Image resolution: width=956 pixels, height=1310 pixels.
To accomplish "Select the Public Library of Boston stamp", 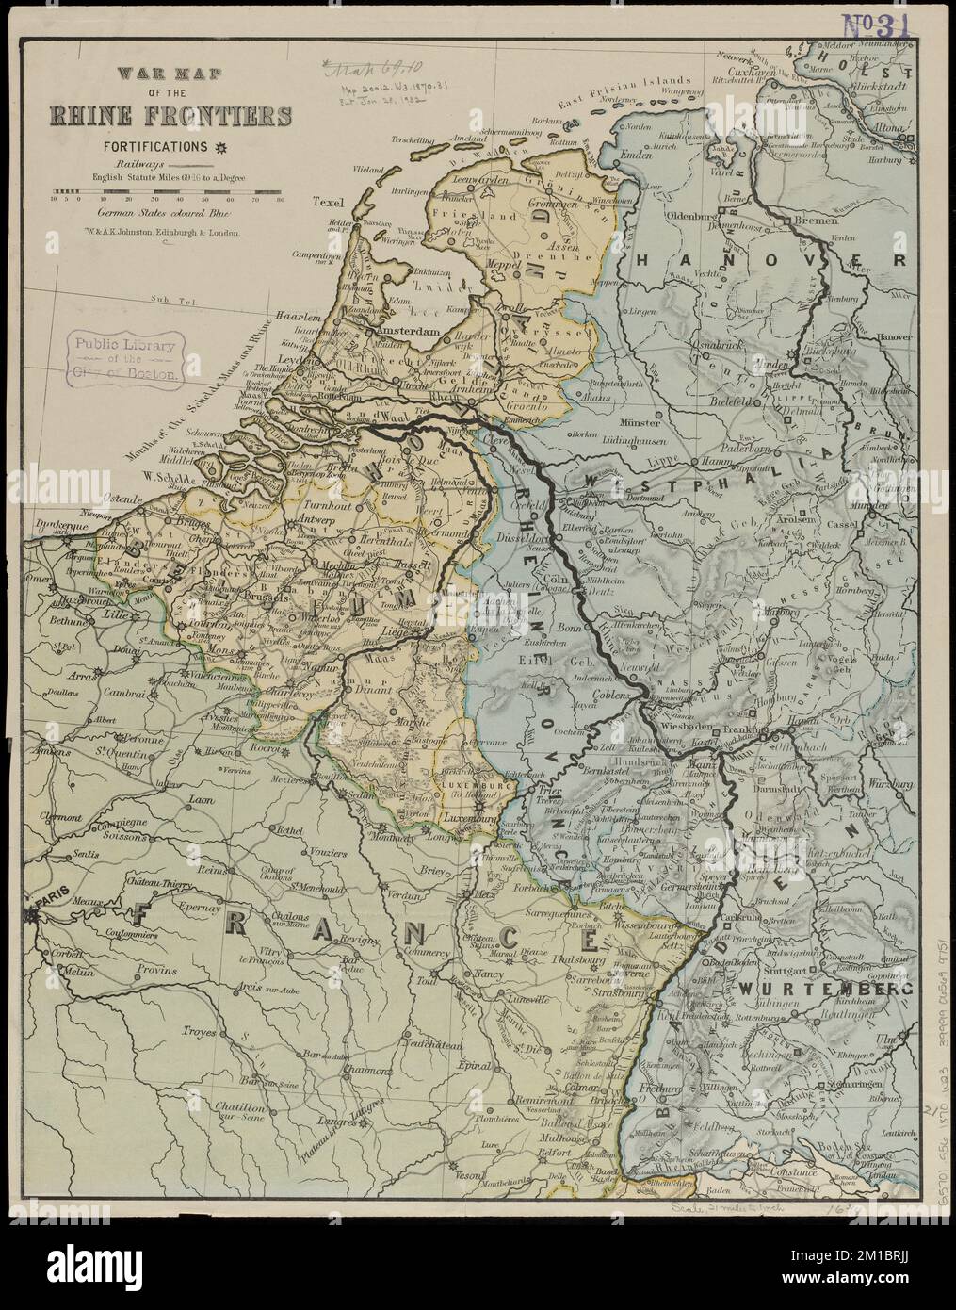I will coord(120,358).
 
